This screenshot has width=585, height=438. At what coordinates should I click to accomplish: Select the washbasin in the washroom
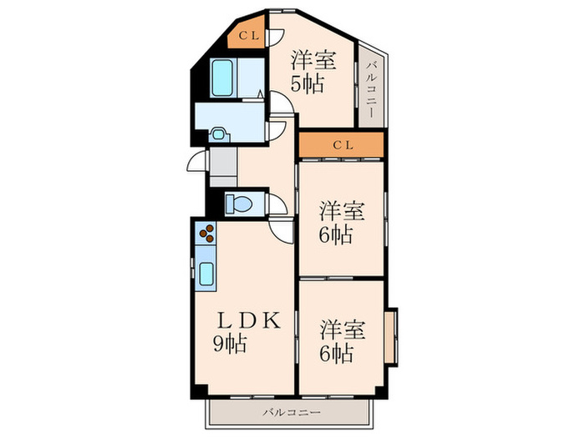(219, 133)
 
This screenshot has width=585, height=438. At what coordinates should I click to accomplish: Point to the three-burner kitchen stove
(206, 233)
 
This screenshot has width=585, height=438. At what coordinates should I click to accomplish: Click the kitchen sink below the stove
(206, 271)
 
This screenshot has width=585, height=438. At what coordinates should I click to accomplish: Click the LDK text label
(242, 320)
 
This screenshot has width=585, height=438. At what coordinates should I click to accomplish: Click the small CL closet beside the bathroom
(249, 35)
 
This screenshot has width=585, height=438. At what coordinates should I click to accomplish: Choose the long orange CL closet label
(343, 145)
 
